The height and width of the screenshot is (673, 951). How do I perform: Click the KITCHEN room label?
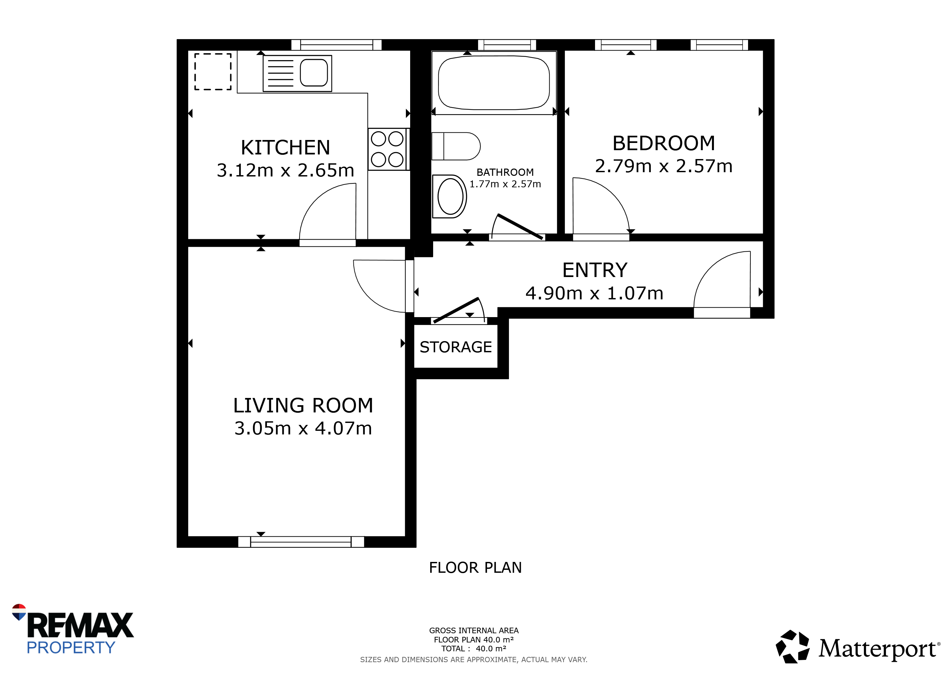click(285, 148)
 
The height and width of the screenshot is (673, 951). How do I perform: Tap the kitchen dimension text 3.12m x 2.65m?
click(285, 170)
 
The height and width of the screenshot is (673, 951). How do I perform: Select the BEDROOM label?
click(664, 143)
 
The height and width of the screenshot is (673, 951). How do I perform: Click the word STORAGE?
click(455, 347)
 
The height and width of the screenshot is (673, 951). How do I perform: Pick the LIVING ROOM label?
click(303, 405)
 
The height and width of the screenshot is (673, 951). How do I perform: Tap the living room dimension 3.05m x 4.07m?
click(303, 428)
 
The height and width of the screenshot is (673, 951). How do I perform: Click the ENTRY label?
click(595, 270)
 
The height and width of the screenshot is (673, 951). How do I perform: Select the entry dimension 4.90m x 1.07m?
click(594, 293)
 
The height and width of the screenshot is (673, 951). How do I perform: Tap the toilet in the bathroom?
click(455, 146)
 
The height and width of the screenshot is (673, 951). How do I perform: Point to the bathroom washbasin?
click(450, 197)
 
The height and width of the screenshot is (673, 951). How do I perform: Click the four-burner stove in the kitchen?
click(387, 149)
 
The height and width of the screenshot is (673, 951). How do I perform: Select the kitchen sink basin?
click(314, 73)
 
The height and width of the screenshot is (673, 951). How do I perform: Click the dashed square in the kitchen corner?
click(213, 72)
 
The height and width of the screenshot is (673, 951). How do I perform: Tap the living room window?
click(301, 542)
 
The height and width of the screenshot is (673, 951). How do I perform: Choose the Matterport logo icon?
click(792, 646)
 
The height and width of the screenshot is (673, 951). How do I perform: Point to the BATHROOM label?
click(505, 173)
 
